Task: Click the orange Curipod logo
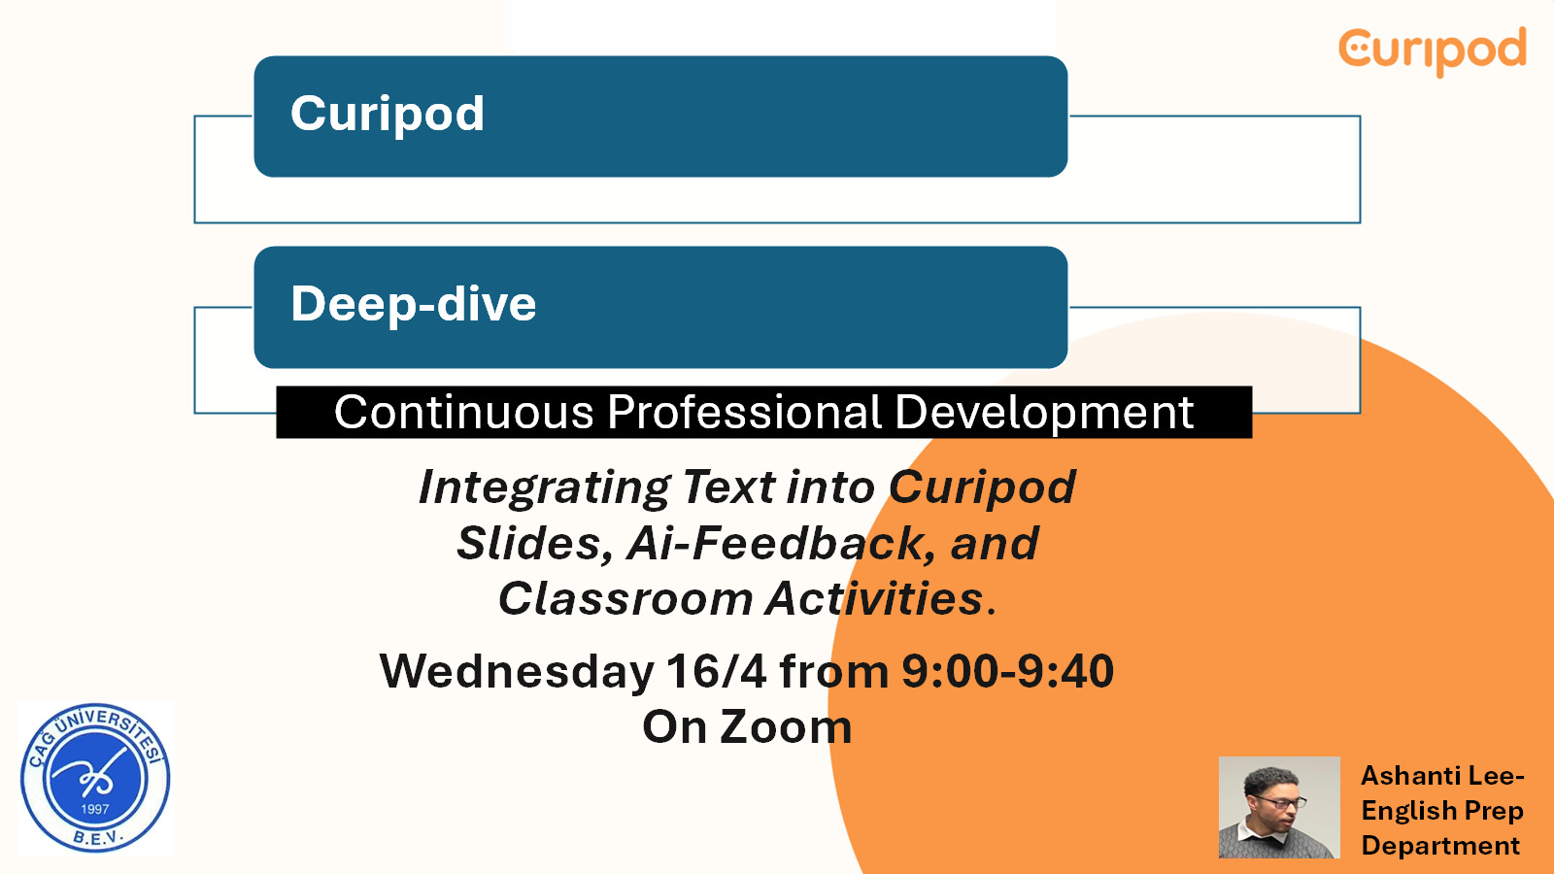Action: [1433, 51]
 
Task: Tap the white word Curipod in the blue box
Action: [388, 115]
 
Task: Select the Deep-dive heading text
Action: [414, 305]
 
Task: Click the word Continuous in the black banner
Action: [463, 412]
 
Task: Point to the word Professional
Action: [744, 412]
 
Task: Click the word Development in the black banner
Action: [1044, 414]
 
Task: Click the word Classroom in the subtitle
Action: [625, 598]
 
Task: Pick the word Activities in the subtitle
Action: [875, 598]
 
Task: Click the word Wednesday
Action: [517, 672]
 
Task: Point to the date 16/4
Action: [716, 671]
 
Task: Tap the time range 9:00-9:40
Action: [1007, 671]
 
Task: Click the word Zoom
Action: [786, 727]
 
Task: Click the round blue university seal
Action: [95, 778]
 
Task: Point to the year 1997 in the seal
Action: [95, 809]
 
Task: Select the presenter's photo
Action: [1279, 807]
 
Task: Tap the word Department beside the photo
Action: [1441, 846]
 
